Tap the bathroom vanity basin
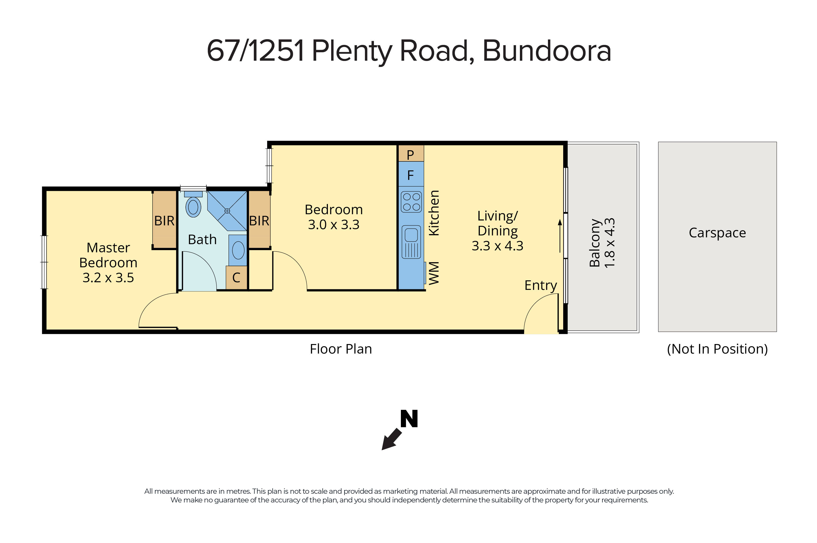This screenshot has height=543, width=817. [x=238, y=250]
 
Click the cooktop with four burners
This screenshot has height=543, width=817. [x=411, y=201]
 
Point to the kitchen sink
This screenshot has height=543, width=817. [x=411, y=241]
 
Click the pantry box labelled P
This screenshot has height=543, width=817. [x=411, y=154]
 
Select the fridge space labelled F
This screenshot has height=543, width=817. [x=411, y=175]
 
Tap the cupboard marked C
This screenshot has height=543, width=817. [x=236, y=278]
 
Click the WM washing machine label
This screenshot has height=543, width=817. [x=434, y=273]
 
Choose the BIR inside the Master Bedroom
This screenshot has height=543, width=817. [x=164, y=220]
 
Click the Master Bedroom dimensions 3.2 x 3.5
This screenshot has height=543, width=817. [x=108, y=278]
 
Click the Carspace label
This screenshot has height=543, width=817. [x=717, y=233]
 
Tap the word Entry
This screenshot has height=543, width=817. [x=541, y=285]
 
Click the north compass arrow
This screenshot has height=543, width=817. [x=392, y=439]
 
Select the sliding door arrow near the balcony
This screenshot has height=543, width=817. [x=560, y=235]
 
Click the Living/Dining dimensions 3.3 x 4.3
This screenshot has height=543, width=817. [x=497, y=246]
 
